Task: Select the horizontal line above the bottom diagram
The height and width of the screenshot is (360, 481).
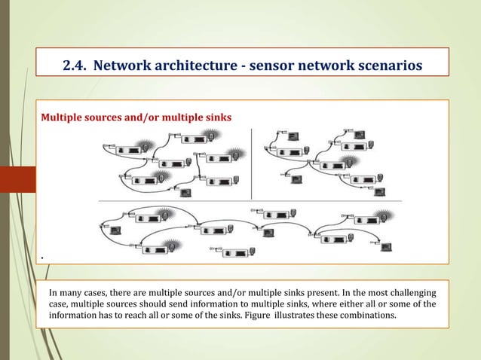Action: tap(249, 201)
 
